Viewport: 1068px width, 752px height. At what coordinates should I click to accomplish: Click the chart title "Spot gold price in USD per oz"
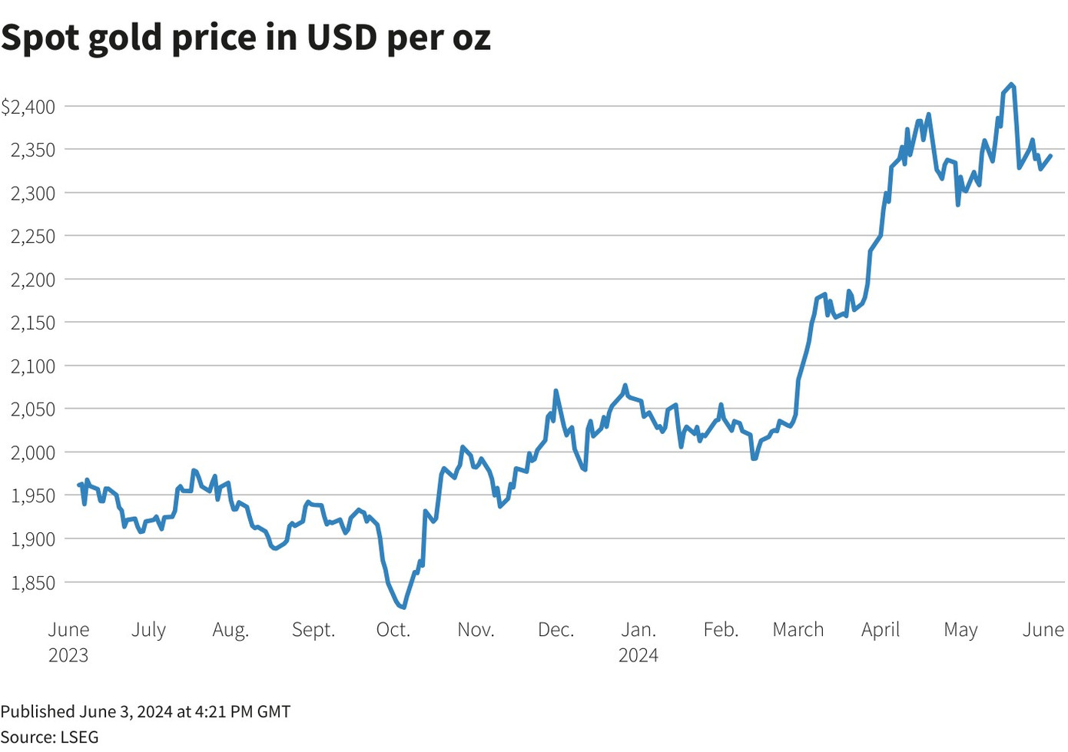click(246, 37)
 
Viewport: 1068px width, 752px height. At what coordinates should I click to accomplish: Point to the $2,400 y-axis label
click(28, 107)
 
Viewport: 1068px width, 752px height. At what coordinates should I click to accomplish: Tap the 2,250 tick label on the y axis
click(33, 237)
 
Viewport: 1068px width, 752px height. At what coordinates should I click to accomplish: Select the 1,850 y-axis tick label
click(33, 583)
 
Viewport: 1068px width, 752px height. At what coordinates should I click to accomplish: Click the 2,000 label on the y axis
click(33, 453)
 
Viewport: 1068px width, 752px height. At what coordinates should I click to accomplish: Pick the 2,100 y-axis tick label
click(33, 366)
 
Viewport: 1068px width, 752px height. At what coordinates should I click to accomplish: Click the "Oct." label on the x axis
click(393, 630)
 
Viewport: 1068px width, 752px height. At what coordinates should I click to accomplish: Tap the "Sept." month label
click(313, 630)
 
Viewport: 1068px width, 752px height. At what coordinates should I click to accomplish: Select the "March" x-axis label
click(798, 630)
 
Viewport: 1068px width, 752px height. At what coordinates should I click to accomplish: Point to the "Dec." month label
click(556, 630)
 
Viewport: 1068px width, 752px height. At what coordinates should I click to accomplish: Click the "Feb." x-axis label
click(721, 630)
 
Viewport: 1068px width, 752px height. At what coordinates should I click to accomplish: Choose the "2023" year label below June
click(68, 655)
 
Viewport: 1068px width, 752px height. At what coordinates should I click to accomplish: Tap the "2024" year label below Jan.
click(638, 655)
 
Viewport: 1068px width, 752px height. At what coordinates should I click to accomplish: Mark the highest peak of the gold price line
click(1011, 84)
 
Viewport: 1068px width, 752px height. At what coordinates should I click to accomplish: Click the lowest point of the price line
click(404, 608)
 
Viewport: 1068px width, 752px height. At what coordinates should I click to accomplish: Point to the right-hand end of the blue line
click(1050, 155)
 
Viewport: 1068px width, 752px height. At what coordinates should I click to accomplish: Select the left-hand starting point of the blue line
click(79, 485)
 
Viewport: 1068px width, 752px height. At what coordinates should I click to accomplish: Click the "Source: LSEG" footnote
click(50, 737)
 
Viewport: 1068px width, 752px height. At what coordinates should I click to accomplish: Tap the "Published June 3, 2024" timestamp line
click(145, 711)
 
